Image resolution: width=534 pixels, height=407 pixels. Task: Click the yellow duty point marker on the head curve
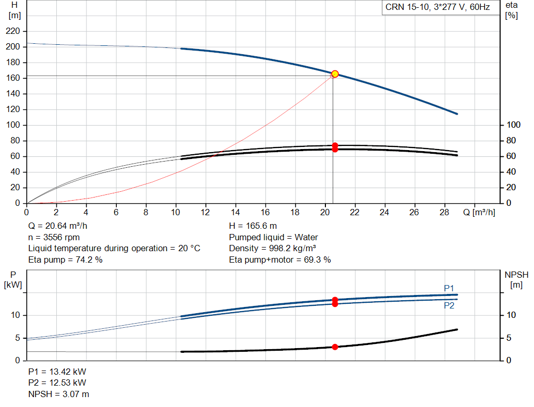coord(335,74)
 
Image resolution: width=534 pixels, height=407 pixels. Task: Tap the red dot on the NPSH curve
coord(335,347)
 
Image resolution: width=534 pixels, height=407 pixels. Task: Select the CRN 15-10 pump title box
coord(438,7)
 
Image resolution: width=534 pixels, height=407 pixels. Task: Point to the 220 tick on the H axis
coord(13,31)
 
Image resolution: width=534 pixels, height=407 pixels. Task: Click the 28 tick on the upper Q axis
coord(444,212)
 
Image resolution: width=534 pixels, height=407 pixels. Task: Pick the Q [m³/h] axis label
coord(479,212)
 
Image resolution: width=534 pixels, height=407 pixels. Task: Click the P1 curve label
coord(449,288)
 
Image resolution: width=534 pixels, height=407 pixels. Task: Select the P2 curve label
coord(449,305)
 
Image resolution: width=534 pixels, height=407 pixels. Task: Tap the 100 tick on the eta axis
coord(513,125)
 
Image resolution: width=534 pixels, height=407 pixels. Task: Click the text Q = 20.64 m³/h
coord(57,226)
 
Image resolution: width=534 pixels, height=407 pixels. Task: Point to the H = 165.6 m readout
coord(253,226)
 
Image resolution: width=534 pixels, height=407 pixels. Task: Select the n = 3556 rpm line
coord(54,237)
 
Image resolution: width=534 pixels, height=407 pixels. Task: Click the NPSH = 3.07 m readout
coord(58,394)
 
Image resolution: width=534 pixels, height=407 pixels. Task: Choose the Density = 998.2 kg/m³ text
coord(272,249)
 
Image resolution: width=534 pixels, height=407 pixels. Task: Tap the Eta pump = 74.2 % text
coord(65,260)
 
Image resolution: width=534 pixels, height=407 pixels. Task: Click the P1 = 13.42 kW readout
coord(57,372)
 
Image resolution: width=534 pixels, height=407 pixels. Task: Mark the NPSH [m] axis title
coord(516,280)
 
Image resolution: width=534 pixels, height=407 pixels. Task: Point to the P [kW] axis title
coord(13,280)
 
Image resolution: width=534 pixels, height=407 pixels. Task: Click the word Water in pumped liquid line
coord(306,237)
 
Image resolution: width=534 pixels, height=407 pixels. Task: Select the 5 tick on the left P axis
coord(18,338)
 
